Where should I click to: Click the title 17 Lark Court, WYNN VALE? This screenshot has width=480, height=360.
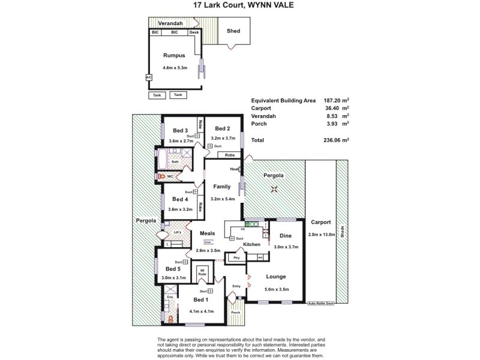(239, 5)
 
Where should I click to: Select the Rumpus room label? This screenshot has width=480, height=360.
(174, 55)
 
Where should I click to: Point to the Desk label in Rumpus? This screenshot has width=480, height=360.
(194, 32)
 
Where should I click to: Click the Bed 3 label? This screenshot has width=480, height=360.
(181, 130)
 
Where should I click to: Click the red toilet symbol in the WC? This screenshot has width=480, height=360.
(161, 176)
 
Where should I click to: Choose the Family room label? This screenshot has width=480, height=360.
(221, 187)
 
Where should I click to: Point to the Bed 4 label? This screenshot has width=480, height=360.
(180, 199)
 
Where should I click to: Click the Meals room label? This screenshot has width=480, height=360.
(208, 232)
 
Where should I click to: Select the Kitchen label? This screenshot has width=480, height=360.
(251, 244)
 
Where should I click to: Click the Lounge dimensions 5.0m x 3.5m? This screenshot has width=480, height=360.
(277, 289)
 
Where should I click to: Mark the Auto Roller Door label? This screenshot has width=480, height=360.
(321, 304)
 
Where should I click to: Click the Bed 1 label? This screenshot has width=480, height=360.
(201, 299)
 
